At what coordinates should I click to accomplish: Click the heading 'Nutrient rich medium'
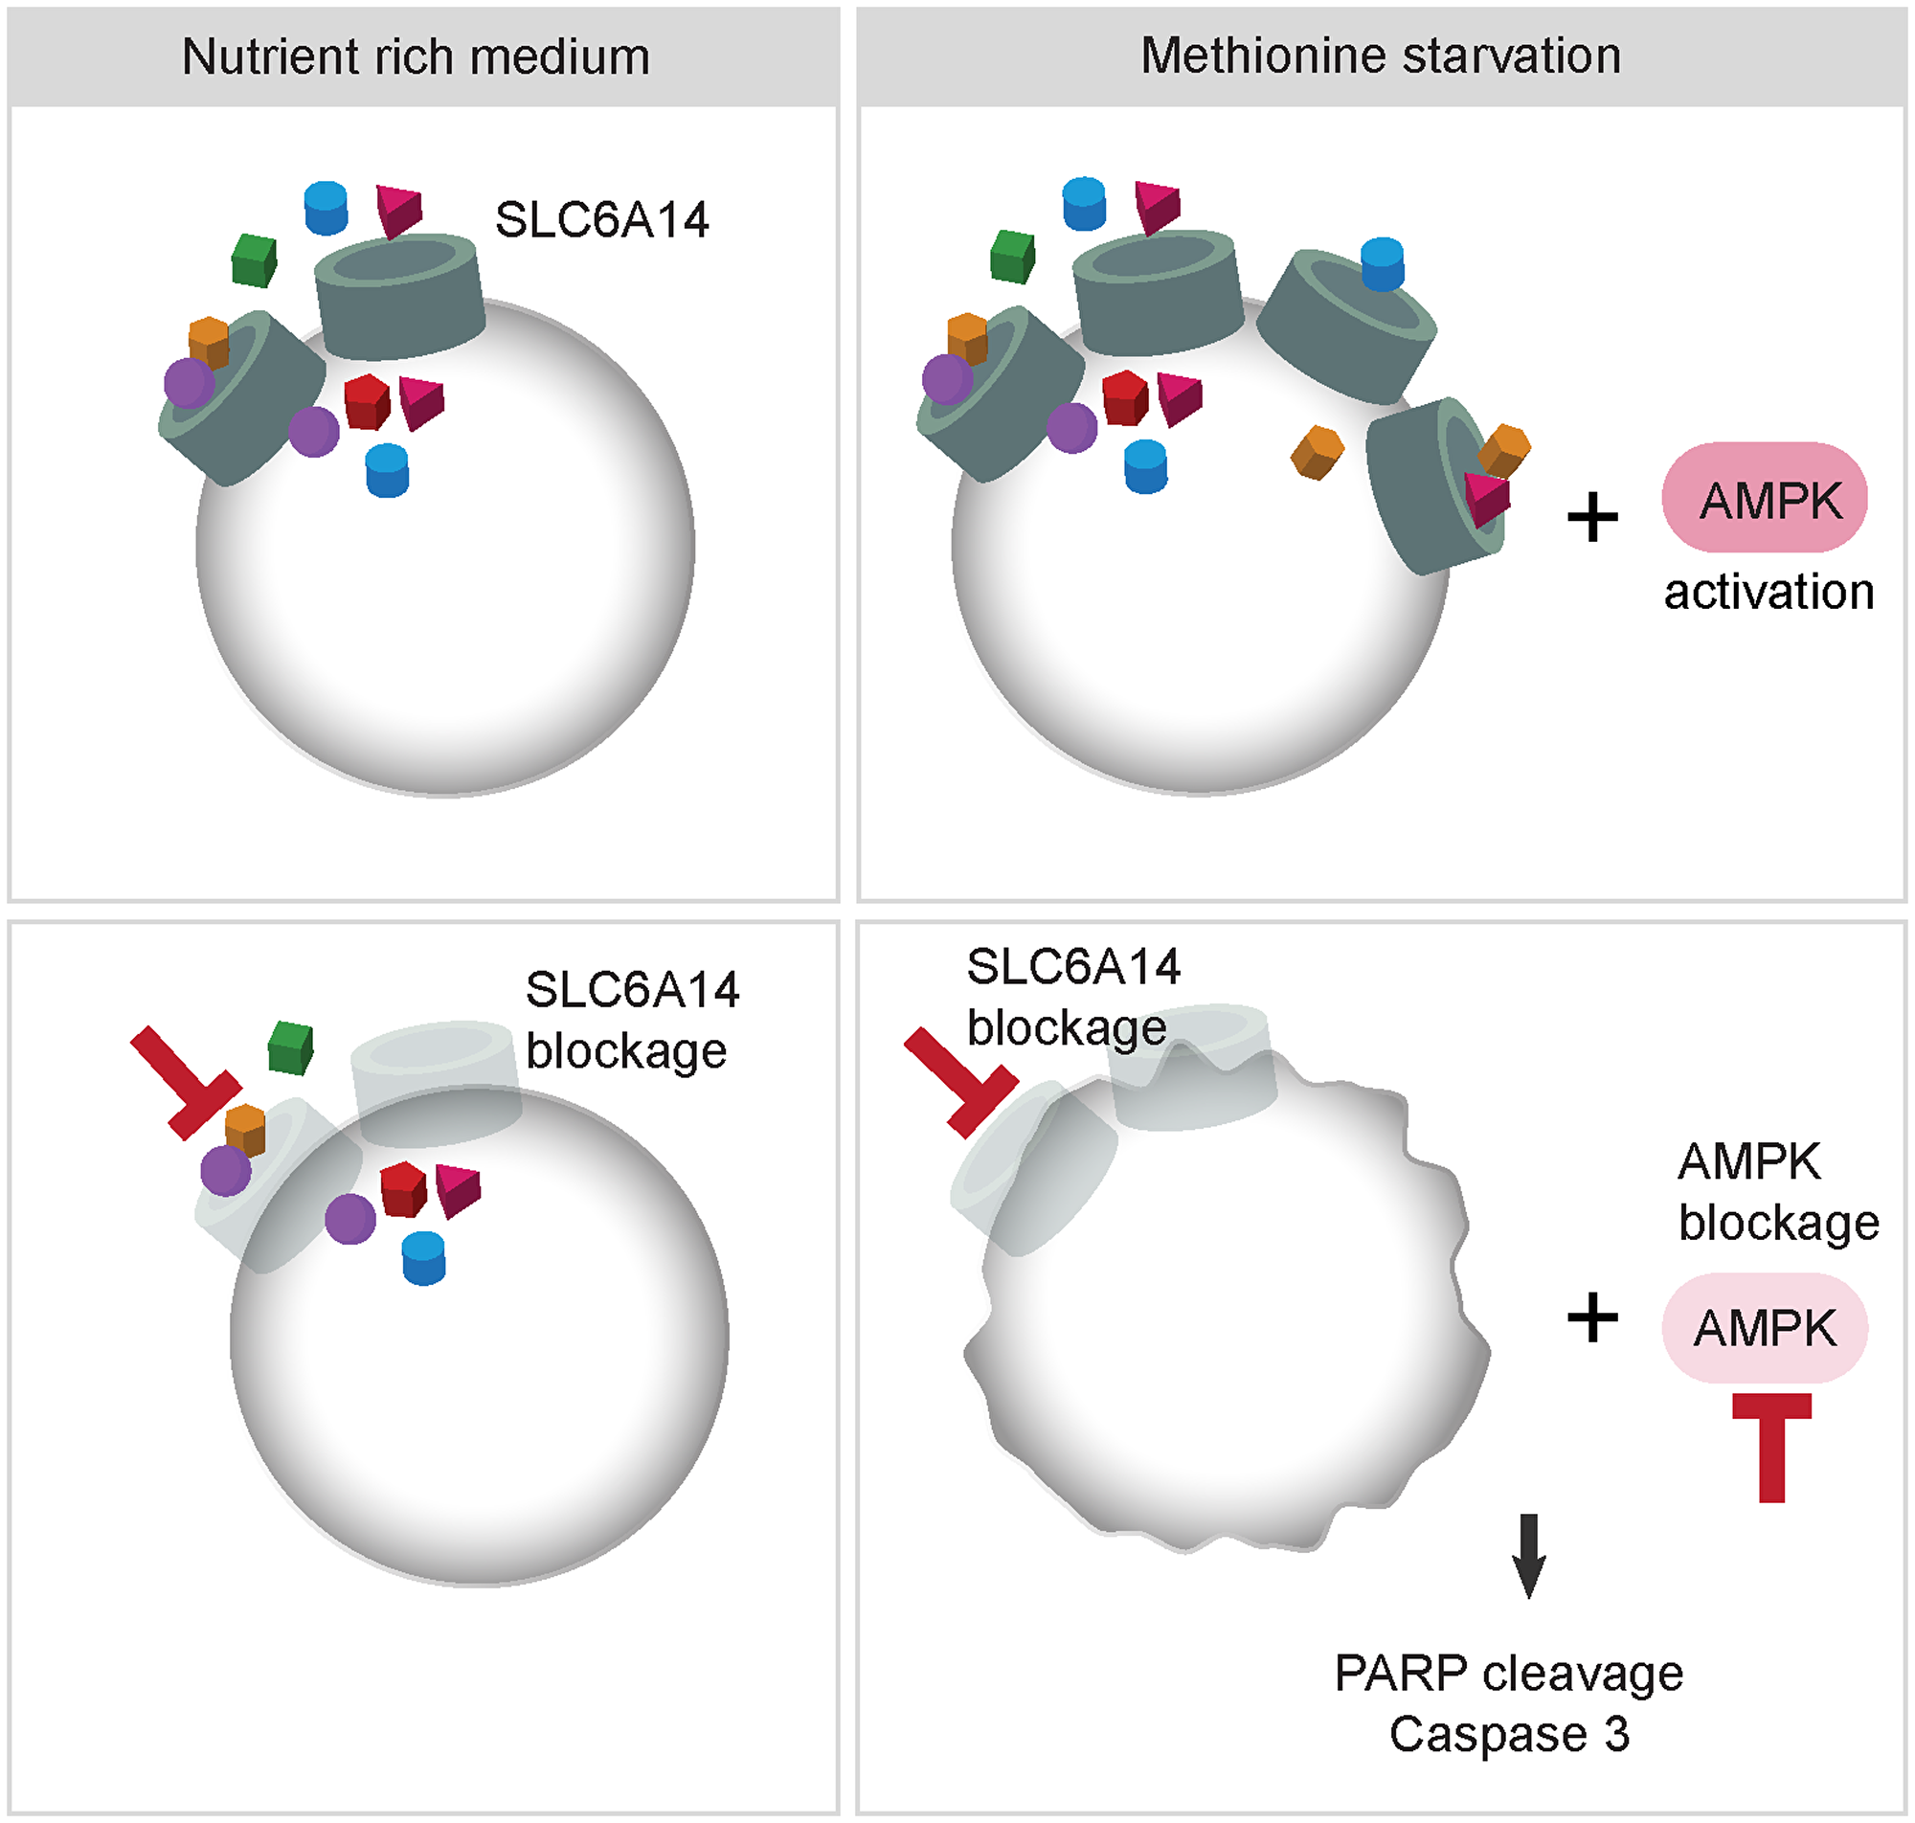click(416, 56)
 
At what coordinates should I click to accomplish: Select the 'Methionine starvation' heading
click(1380, 56)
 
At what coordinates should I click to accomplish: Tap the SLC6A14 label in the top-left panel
click(601, 219)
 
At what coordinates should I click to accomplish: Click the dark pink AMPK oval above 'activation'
click(1764, 498)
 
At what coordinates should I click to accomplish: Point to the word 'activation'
click(1769, 592)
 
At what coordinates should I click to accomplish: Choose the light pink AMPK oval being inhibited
click(1764, 1327)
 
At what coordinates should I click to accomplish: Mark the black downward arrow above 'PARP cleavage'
click(1528, 1555)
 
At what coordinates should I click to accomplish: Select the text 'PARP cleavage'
click(1508, 1673)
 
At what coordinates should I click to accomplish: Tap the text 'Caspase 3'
click(1508, 1734)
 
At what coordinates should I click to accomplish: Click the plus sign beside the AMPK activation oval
click(1592, 517)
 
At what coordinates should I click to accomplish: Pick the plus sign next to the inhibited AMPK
click(1592, 1318)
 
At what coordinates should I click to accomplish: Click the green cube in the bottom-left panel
click(290, 1047)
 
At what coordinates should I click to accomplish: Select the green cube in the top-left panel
click(255, 259)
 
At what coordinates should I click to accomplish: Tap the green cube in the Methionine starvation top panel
click(1012, 257)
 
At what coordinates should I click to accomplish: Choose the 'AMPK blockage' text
click(1777, 1191)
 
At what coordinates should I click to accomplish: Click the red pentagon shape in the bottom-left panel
click(403, 1188)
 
